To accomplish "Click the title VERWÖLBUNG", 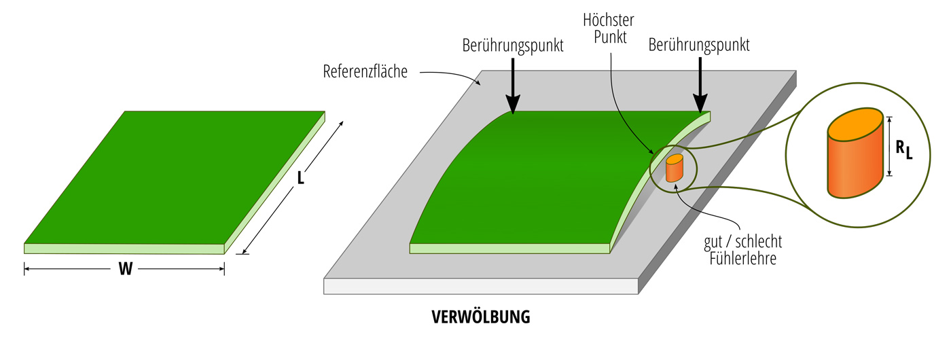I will coord(481,317).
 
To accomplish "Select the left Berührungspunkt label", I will coord(512,46).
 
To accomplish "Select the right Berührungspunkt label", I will coord(699,46).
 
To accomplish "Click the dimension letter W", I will coord(125,270).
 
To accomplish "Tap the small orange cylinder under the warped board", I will coord(674,168).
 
